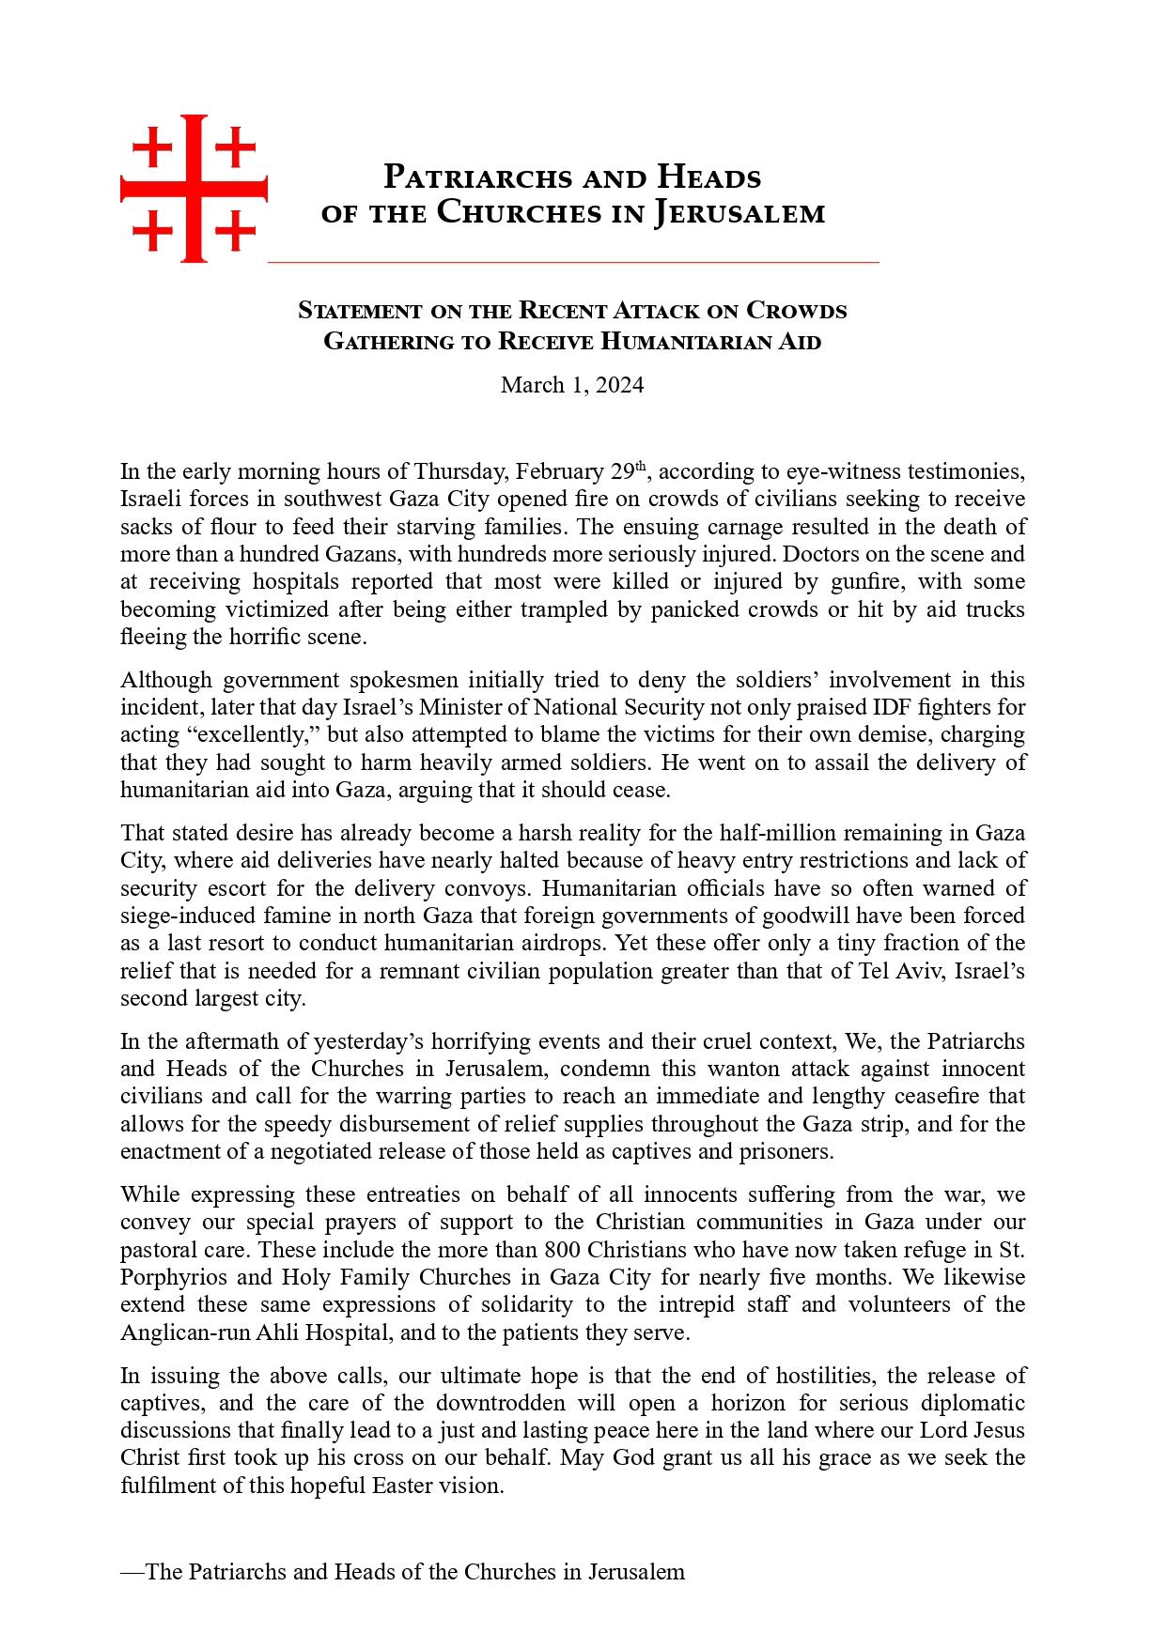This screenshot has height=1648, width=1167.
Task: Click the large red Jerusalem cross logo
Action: [194, 189]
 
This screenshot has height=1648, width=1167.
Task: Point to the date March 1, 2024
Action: [572, 385]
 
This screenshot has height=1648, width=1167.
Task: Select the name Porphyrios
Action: [170, 1277]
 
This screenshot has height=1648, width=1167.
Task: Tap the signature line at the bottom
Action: [402, 1572]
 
